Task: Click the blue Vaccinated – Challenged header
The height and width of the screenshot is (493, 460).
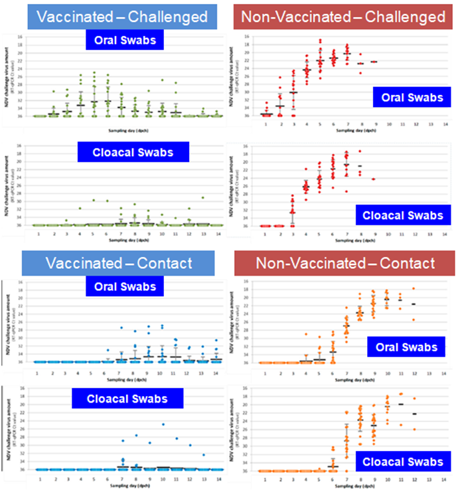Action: click(x=113, y=16)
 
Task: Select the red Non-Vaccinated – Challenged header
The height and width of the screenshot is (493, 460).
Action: click(x=343, y=16)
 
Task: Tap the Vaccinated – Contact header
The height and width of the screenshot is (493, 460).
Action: click(x=113, y=263)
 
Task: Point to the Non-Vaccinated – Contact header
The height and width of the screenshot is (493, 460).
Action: click(x=343, y=263)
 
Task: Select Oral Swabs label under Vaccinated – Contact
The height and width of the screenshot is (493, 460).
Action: click(x=124, y=287)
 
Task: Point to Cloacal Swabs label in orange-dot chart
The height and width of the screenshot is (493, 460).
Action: click(x=400, y=462)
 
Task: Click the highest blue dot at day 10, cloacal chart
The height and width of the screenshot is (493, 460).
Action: click(x=163, y=424)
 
